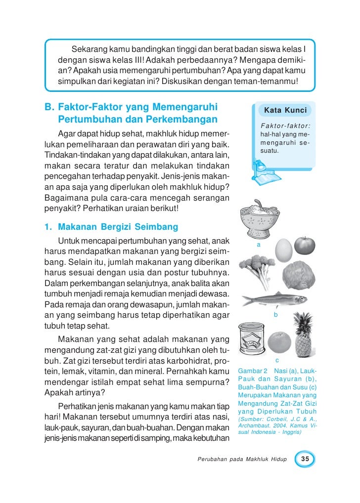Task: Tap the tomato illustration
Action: coord(304,245)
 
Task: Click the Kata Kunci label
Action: coord(285,110)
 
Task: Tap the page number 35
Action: coord(305,460)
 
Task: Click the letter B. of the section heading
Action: coord(49,107)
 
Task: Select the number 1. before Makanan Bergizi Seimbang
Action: coord(48,227)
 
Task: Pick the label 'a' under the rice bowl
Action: coord(258,245)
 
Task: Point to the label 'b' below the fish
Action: coord(275,315)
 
